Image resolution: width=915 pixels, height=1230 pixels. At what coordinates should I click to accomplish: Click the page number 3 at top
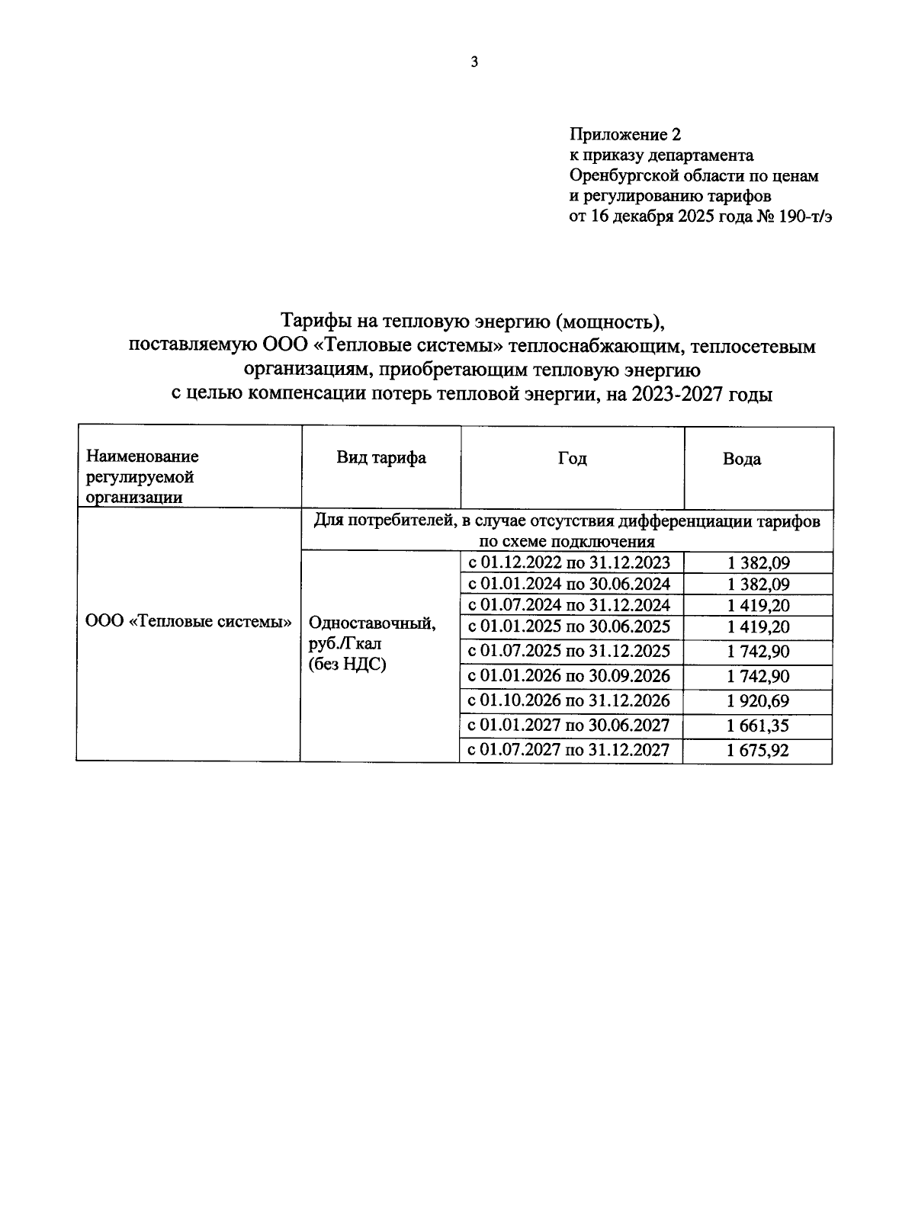coord(474,62)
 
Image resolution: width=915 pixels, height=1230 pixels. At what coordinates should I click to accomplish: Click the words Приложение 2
coord(624,135)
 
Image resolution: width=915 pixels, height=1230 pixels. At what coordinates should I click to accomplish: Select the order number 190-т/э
coord(801,216)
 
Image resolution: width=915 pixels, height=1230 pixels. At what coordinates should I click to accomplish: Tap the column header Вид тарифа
coord(381,457)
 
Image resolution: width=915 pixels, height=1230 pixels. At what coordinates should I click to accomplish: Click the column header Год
coord(572,458)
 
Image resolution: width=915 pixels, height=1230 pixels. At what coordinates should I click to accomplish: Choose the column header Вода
coord(741,459)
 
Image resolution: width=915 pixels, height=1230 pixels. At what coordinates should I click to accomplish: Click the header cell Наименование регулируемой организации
coord(142,476)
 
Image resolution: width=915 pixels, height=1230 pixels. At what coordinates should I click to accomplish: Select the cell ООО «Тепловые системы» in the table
coord(188,621)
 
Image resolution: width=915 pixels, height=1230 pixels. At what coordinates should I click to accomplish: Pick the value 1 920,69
coord(758,700)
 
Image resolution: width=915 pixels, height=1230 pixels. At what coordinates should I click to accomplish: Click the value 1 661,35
coord(758,726)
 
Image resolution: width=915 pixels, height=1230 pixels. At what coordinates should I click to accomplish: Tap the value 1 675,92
coord(758,751)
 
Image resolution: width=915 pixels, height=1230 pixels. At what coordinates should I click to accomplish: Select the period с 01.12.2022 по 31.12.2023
coord(569,563)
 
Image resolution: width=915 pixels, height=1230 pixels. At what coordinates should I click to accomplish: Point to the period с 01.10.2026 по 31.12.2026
coord(569,700)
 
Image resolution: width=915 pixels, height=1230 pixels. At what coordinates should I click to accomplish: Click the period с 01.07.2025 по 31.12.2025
coord(569,651)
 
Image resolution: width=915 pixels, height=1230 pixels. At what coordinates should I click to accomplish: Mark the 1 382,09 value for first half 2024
coord(758,585)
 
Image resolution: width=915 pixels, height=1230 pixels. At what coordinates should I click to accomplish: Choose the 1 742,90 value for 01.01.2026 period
coord(758,676)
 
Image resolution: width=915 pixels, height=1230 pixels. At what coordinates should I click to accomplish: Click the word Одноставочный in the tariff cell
coord(372,623)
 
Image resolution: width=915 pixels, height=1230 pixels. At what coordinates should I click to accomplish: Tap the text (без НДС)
coord(347,665)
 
